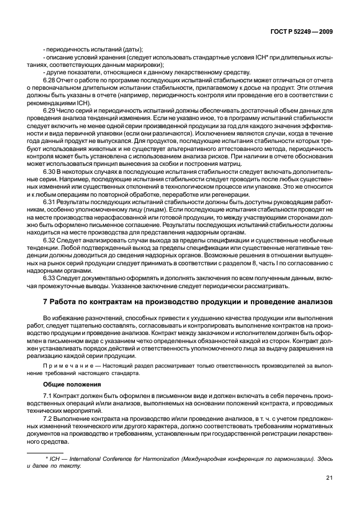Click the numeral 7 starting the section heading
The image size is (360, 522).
coord(45,301)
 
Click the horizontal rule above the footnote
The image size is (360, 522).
coord(49,452)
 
